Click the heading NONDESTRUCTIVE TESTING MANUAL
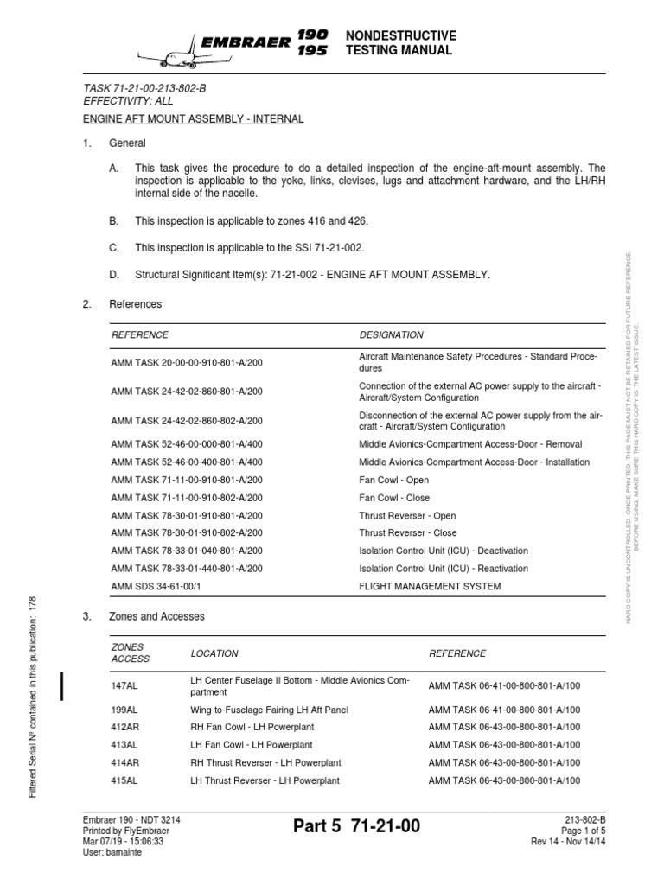399,42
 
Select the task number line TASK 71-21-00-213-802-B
144,88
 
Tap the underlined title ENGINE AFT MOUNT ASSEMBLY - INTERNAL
193,118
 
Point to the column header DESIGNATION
391,334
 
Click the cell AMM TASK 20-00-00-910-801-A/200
187,362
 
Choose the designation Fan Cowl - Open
393,480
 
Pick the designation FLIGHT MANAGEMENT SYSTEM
430,586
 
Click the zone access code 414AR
125,762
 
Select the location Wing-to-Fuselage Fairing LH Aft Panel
269,710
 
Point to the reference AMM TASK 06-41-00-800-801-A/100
505,686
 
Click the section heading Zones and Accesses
156,617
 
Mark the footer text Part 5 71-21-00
356,827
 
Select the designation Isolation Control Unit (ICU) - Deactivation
444,551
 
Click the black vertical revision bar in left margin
62,684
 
